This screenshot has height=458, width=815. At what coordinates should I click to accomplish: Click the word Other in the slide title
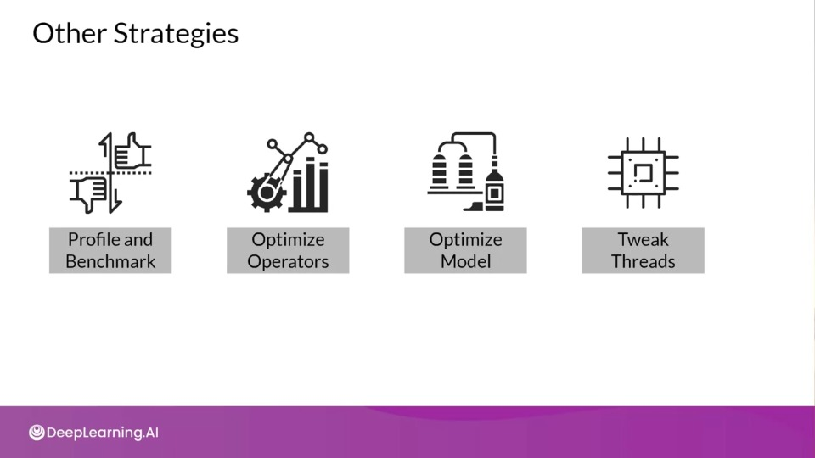[x=70, y=33]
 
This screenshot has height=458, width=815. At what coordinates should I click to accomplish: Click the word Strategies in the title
[x=177, y=34]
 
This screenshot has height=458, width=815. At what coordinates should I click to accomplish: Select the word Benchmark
[x=110, y=261]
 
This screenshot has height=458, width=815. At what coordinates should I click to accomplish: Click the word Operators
[x=288, y=261]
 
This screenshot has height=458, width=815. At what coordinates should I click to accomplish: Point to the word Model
[x=466, y=261]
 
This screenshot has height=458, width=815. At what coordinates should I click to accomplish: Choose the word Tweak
[x=643, y=239]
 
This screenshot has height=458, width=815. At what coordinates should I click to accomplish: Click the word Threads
[x=643, y=261]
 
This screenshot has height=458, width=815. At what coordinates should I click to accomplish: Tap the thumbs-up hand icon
[x=132, y=152]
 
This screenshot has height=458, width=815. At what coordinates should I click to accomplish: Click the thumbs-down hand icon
[x=89, y=193]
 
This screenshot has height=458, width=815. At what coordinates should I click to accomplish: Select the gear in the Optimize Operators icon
[x=266, y=193]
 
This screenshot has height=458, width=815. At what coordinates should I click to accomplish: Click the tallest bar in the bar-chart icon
[x=311, y=184]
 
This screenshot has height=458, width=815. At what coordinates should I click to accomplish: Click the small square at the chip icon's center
[x=644, y=172]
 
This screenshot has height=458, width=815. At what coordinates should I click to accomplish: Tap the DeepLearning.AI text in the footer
[x=103, y=433]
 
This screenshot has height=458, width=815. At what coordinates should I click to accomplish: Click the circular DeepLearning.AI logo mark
[x=37, y=432]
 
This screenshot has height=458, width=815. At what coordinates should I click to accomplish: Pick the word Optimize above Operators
[x=288, y=240]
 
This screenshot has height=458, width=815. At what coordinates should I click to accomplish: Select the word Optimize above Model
[x=466, y=240]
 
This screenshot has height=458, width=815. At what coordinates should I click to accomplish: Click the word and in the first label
[x=138, y=239]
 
